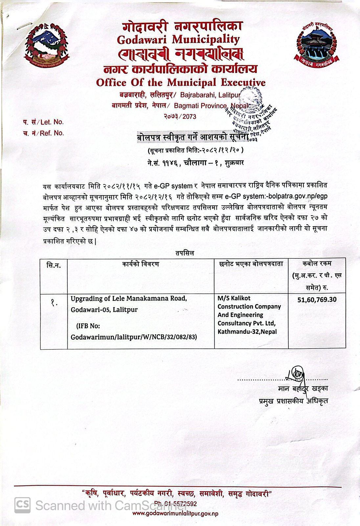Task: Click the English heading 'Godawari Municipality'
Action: pos(178,40)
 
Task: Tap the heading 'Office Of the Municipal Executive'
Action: pos(181,82)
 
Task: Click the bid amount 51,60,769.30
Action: pos(317,300)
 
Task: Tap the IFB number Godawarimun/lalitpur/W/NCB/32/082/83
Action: pos(134,337)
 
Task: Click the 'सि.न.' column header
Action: pos(54,265)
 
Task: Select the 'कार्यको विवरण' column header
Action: pos(141,264)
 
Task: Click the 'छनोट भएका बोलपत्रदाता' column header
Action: pos(251,264)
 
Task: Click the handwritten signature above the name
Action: pos(296,373)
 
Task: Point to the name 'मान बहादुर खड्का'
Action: pos(303,389)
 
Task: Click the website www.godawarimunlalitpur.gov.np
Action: pos(175,514)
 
